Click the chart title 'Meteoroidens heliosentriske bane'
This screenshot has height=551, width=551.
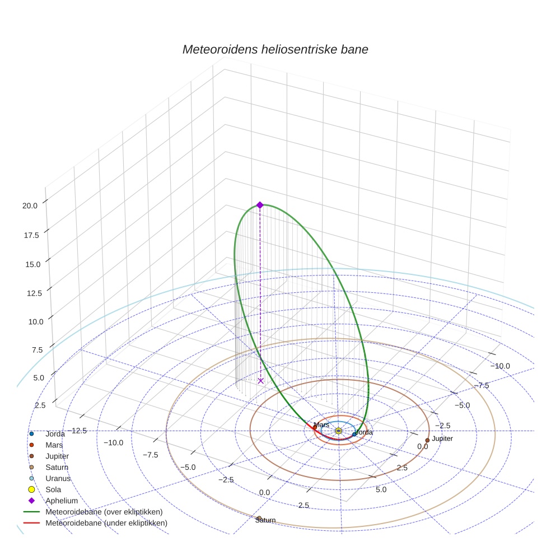pyautogui.click(x=275, y=49)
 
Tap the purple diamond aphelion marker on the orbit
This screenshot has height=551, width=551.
pyautogui.click(x=260, y=205)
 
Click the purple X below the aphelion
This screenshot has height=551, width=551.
pyautogui.click(x=260, y=381)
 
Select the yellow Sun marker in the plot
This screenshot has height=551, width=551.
pyautogui.click(x=339, y=431)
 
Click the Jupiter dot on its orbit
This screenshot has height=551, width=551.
pyautogui.click(x=427, y=440)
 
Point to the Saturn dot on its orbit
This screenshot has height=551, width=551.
pyautogui.click(x=259, y=518)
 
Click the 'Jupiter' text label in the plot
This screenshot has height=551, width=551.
pyautogui.click(x=442, y=438)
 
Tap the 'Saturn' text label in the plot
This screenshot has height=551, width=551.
pyautogui.click(x=265, y=521)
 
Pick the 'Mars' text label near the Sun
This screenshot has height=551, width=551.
pyautogui.click(x=321, y=426)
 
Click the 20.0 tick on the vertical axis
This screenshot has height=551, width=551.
pyautogui.click(x=30, y=206)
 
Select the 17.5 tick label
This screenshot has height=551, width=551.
pyautogui.click(x=30, y=235)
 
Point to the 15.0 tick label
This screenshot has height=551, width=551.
pyautogui.click(x=30, y=264)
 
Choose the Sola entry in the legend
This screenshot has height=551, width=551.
pyautogui.click(x=53, y=489)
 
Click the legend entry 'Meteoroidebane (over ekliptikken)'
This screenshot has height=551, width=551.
pyautogui.click(x=104, y=512)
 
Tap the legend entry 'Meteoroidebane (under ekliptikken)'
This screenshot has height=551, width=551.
pyautogui.click(x=106, y=523)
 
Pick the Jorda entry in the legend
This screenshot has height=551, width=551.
pyautogui.click(x=55, y=434)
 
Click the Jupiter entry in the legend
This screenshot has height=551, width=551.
pyautogui.click(x=57, y=456)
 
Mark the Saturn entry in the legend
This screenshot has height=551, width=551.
pyautogui.click(x=57, y=467)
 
